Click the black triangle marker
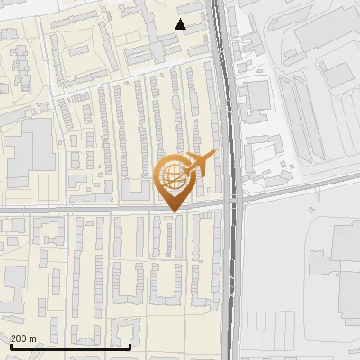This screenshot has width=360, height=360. click(181, 24)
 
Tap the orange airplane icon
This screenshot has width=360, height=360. click(200, 165)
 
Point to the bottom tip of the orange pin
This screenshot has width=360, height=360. click(173, 211)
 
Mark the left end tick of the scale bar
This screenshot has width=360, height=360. click(10, 346)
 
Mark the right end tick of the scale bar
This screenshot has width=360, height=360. click(130, 346)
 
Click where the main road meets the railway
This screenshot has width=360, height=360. click(235, 200)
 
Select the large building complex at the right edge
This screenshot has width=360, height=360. click(346, 270)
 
